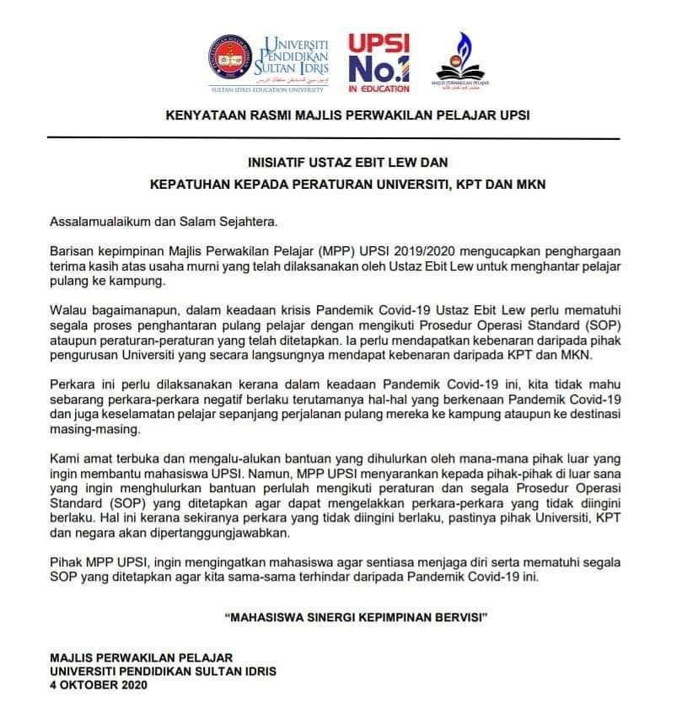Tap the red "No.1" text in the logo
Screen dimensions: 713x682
[x=379, y=67]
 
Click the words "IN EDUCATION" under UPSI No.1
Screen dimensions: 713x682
[x=379, y=88]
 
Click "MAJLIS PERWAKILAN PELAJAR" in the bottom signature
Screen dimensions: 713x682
[x=141, y=657]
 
